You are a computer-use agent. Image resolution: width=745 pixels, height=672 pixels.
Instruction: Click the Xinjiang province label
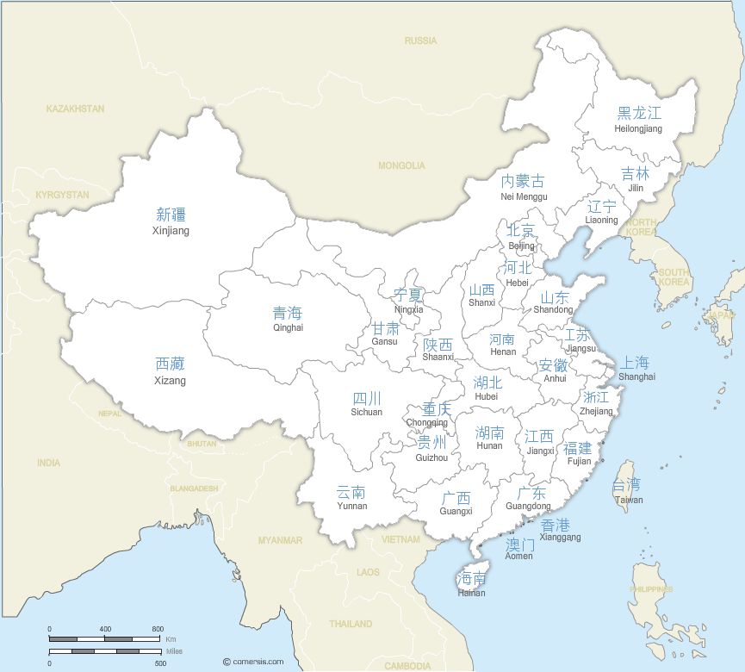(x=171, y=221)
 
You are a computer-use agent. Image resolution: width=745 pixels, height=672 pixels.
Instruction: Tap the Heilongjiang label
(x=638, y=120)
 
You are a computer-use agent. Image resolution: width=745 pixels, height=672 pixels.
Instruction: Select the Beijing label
(x=521, y=237)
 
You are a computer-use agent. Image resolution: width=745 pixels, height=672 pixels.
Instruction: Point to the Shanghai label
(x=636, y=369)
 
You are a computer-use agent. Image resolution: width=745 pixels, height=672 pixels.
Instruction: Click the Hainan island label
(x=471, y=585)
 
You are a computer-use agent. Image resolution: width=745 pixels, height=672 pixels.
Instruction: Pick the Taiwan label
(x=628, y=492)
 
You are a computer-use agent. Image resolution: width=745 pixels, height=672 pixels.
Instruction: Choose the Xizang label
(x=170, y=371)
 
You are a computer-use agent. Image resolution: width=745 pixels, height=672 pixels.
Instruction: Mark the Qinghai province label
(x=288, y=320)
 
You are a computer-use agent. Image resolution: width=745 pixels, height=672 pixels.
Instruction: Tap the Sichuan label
(x=366, y=405)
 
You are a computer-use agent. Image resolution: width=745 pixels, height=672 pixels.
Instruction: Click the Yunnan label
(x=351, y=498)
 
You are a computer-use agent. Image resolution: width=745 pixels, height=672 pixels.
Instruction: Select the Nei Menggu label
(x=523, y=188)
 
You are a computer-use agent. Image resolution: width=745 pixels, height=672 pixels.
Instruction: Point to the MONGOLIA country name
(x=401, y=165)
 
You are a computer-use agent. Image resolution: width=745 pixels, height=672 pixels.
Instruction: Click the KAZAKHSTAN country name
(x=76, y=109)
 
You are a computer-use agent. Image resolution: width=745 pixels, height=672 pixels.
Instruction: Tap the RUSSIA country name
(x=420, y=40)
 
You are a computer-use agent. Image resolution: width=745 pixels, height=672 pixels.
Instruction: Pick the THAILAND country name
(x=351, y=623)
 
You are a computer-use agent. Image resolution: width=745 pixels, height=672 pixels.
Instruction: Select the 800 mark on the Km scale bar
(x=158, y=629)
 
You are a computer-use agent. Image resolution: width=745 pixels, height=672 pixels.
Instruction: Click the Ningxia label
(x=408, y=302)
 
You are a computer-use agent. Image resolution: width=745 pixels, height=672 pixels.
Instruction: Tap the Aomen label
(x=518, y=550)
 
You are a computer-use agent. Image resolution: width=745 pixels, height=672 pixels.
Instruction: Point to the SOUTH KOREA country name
(x=674, y=277)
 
